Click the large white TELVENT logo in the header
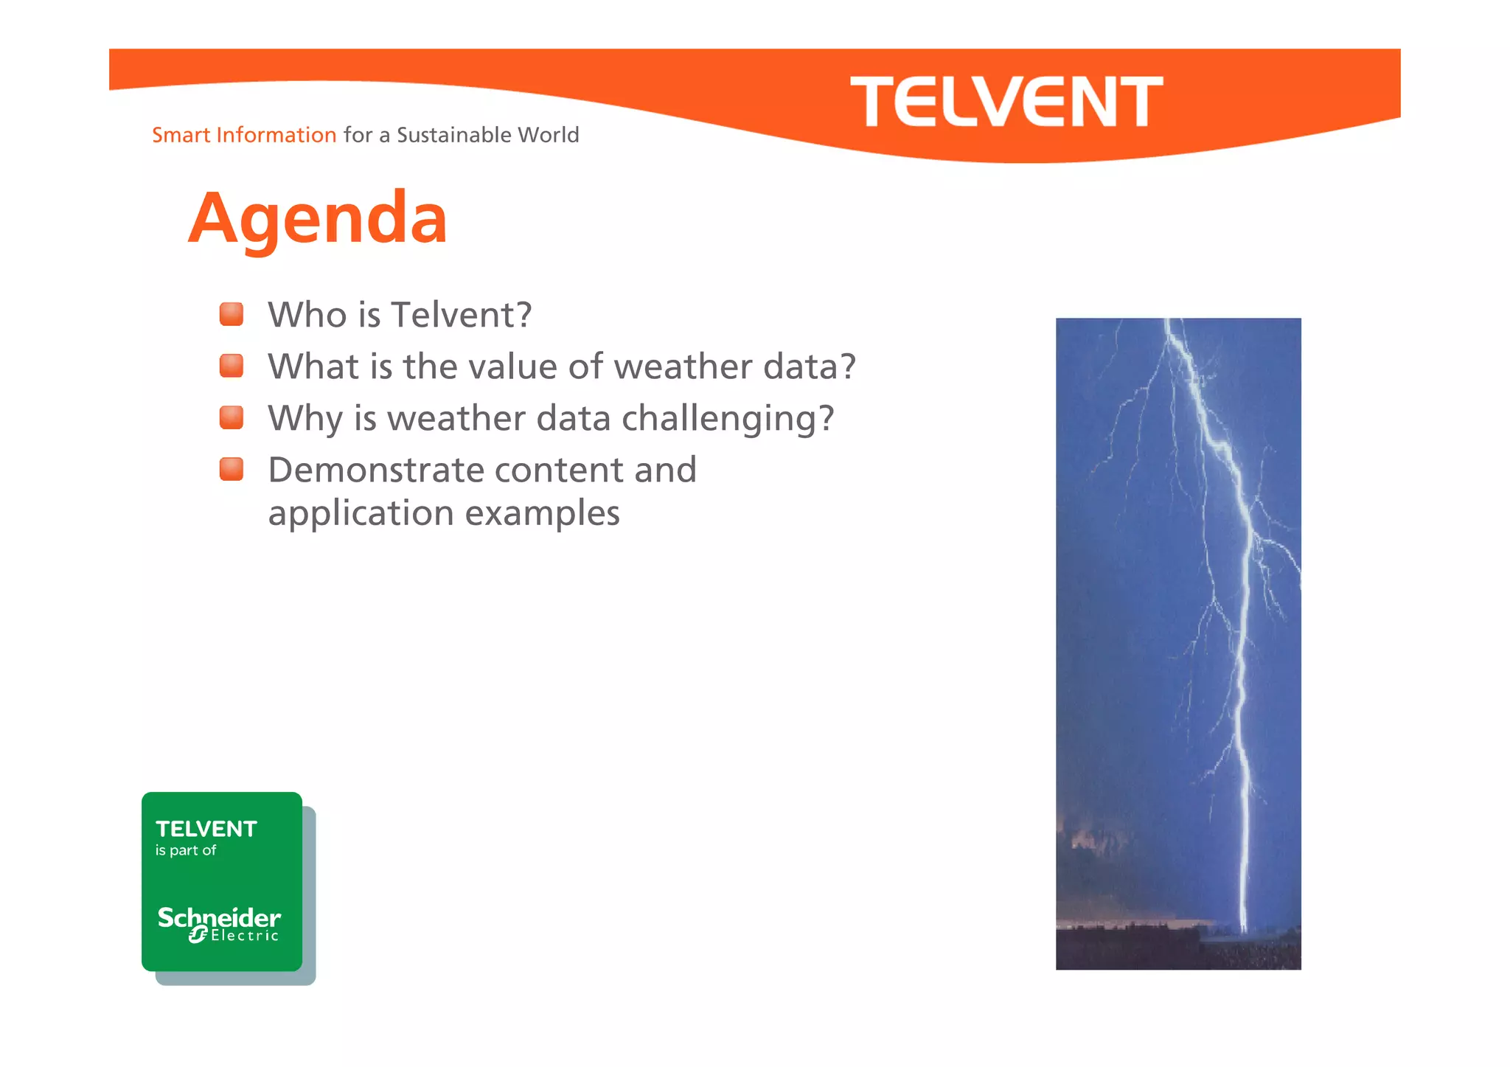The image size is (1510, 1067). [x=1006, y=102]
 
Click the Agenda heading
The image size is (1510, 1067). [x=318, y=218]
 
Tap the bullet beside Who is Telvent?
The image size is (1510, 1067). [x=232, y=314]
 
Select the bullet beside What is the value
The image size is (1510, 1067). [x=232, y=366]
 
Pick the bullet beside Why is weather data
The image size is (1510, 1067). [x=232, y=417]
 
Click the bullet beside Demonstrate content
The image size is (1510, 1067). [x=232, y=469]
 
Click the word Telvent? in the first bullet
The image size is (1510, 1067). [x=462, y=315]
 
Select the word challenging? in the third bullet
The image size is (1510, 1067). [x=728, y=419]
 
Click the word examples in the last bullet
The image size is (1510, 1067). [x=542, y=513]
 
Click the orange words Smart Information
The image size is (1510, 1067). [x=244, y=135]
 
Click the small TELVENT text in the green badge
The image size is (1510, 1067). [x=206, y=829]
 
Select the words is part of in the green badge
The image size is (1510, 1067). [x=186, y=850]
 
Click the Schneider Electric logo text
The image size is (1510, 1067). [x=220, y=923]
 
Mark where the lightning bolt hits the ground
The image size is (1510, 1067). [x=1244, y=931]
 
